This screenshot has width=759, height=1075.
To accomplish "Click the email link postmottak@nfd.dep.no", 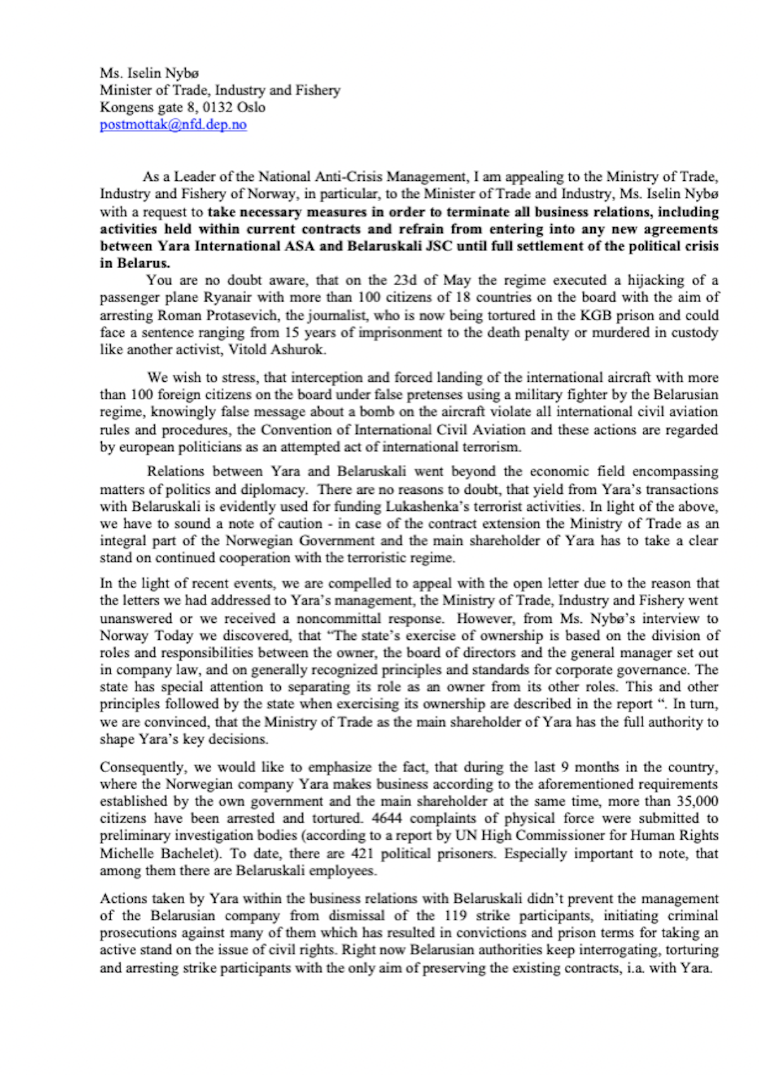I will coord(173,125).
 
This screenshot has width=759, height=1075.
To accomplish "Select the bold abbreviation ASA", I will coord(298,246).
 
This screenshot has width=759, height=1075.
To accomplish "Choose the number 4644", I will coord(386,818).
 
